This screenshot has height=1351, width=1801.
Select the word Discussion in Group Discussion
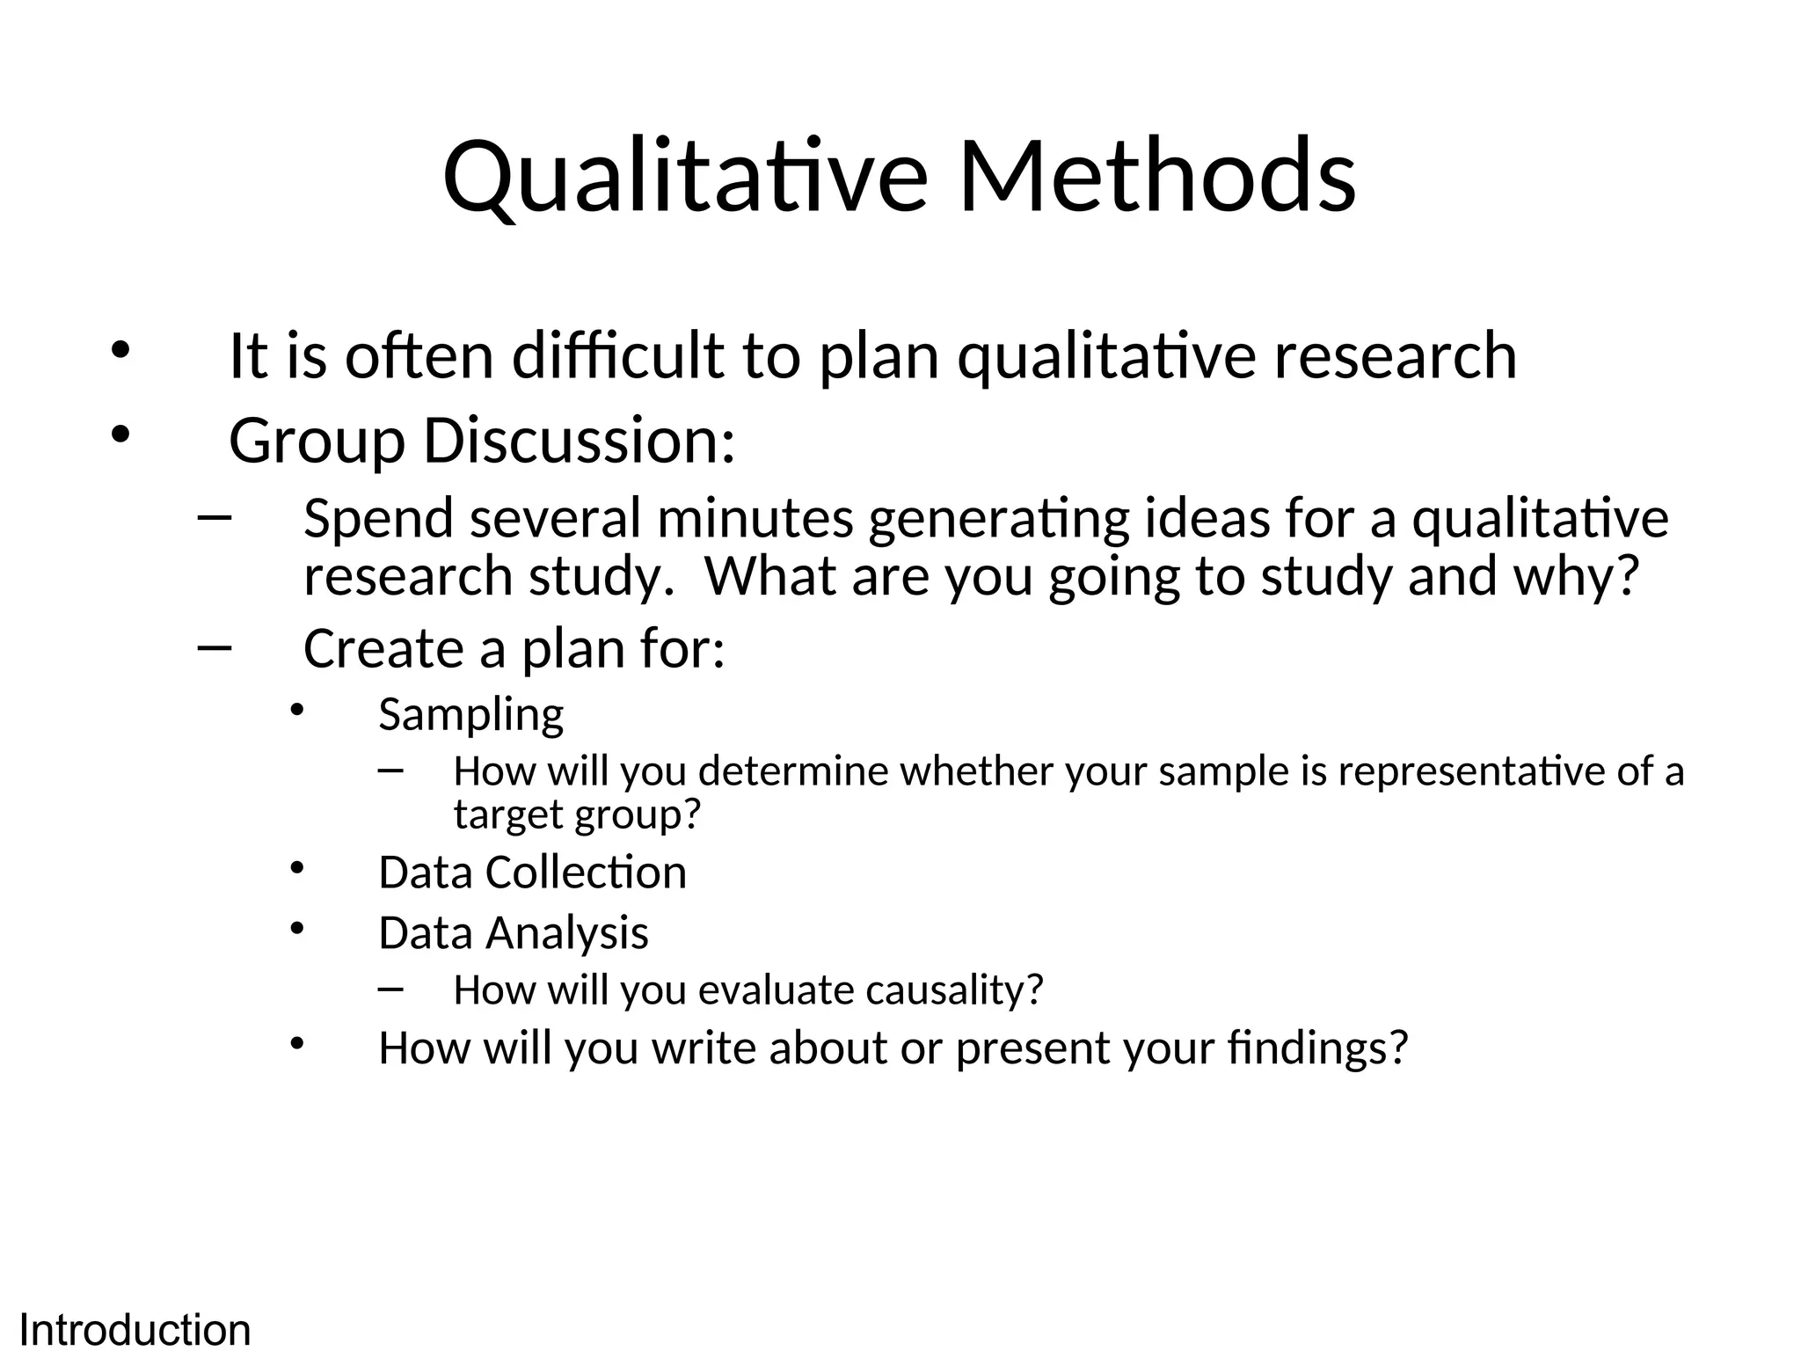(578, 440)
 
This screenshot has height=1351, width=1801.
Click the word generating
(998, 520)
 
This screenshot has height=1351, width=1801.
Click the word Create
(382, 649)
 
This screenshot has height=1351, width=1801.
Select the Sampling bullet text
(470, 715)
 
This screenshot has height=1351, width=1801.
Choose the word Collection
(586, 873)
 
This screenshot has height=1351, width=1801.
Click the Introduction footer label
(135, 1329)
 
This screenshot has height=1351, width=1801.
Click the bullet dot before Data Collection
(296, 868)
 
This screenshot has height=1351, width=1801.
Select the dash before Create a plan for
(215, 648)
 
